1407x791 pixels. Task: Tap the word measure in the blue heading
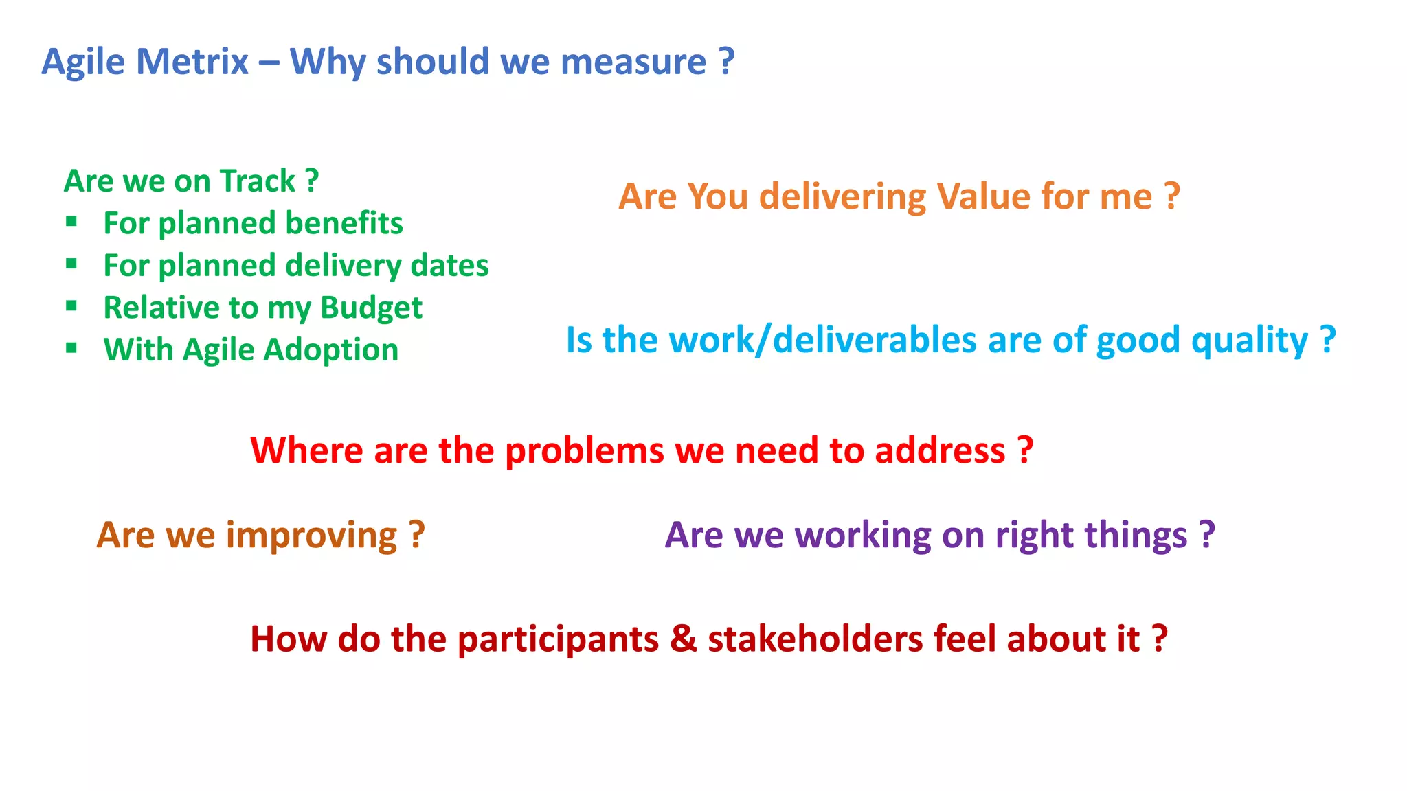[633, 62]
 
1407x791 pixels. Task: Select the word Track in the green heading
[258, 181]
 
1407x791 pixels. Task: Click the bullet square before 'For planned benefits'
[71, 221]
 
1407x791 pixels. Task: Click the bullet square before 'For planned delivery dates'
[71, 264]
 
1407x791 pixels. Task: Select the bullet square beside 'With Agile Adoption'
[71, 348]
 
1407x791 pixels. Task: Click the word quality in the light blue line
[1249, 341]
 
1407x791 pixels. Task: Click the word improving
[311, 536]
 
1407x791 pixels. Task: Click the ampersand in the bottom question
[683, 639]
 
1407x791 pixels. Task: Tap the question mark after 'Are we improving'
[416, 536]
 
